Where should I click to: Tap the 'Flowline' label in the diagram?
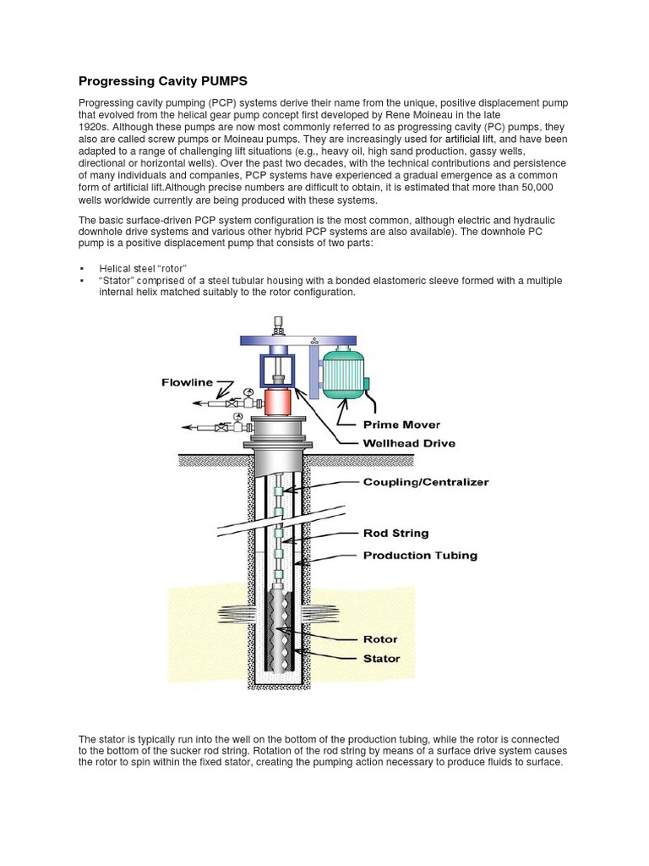[187, 383]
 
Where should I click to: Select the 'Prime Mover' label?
[401, 425]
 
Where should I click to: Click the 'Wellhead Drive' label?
[409, 442]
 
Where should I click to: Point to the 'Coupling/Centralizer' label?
[426, 482]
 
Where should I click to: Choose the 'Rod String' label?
[395, 533]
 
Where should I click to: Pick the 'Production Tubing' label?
[420, 556]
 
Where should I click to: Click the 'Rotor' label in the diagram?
[380, 639]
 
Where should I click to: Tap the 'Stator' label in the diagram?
[381, 658]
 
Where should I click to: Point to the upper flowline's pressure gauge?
[248, 392]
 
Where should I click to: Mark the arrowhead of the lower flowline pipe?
[184, 428]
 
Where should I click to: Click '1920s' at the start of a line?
[94, 126]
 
